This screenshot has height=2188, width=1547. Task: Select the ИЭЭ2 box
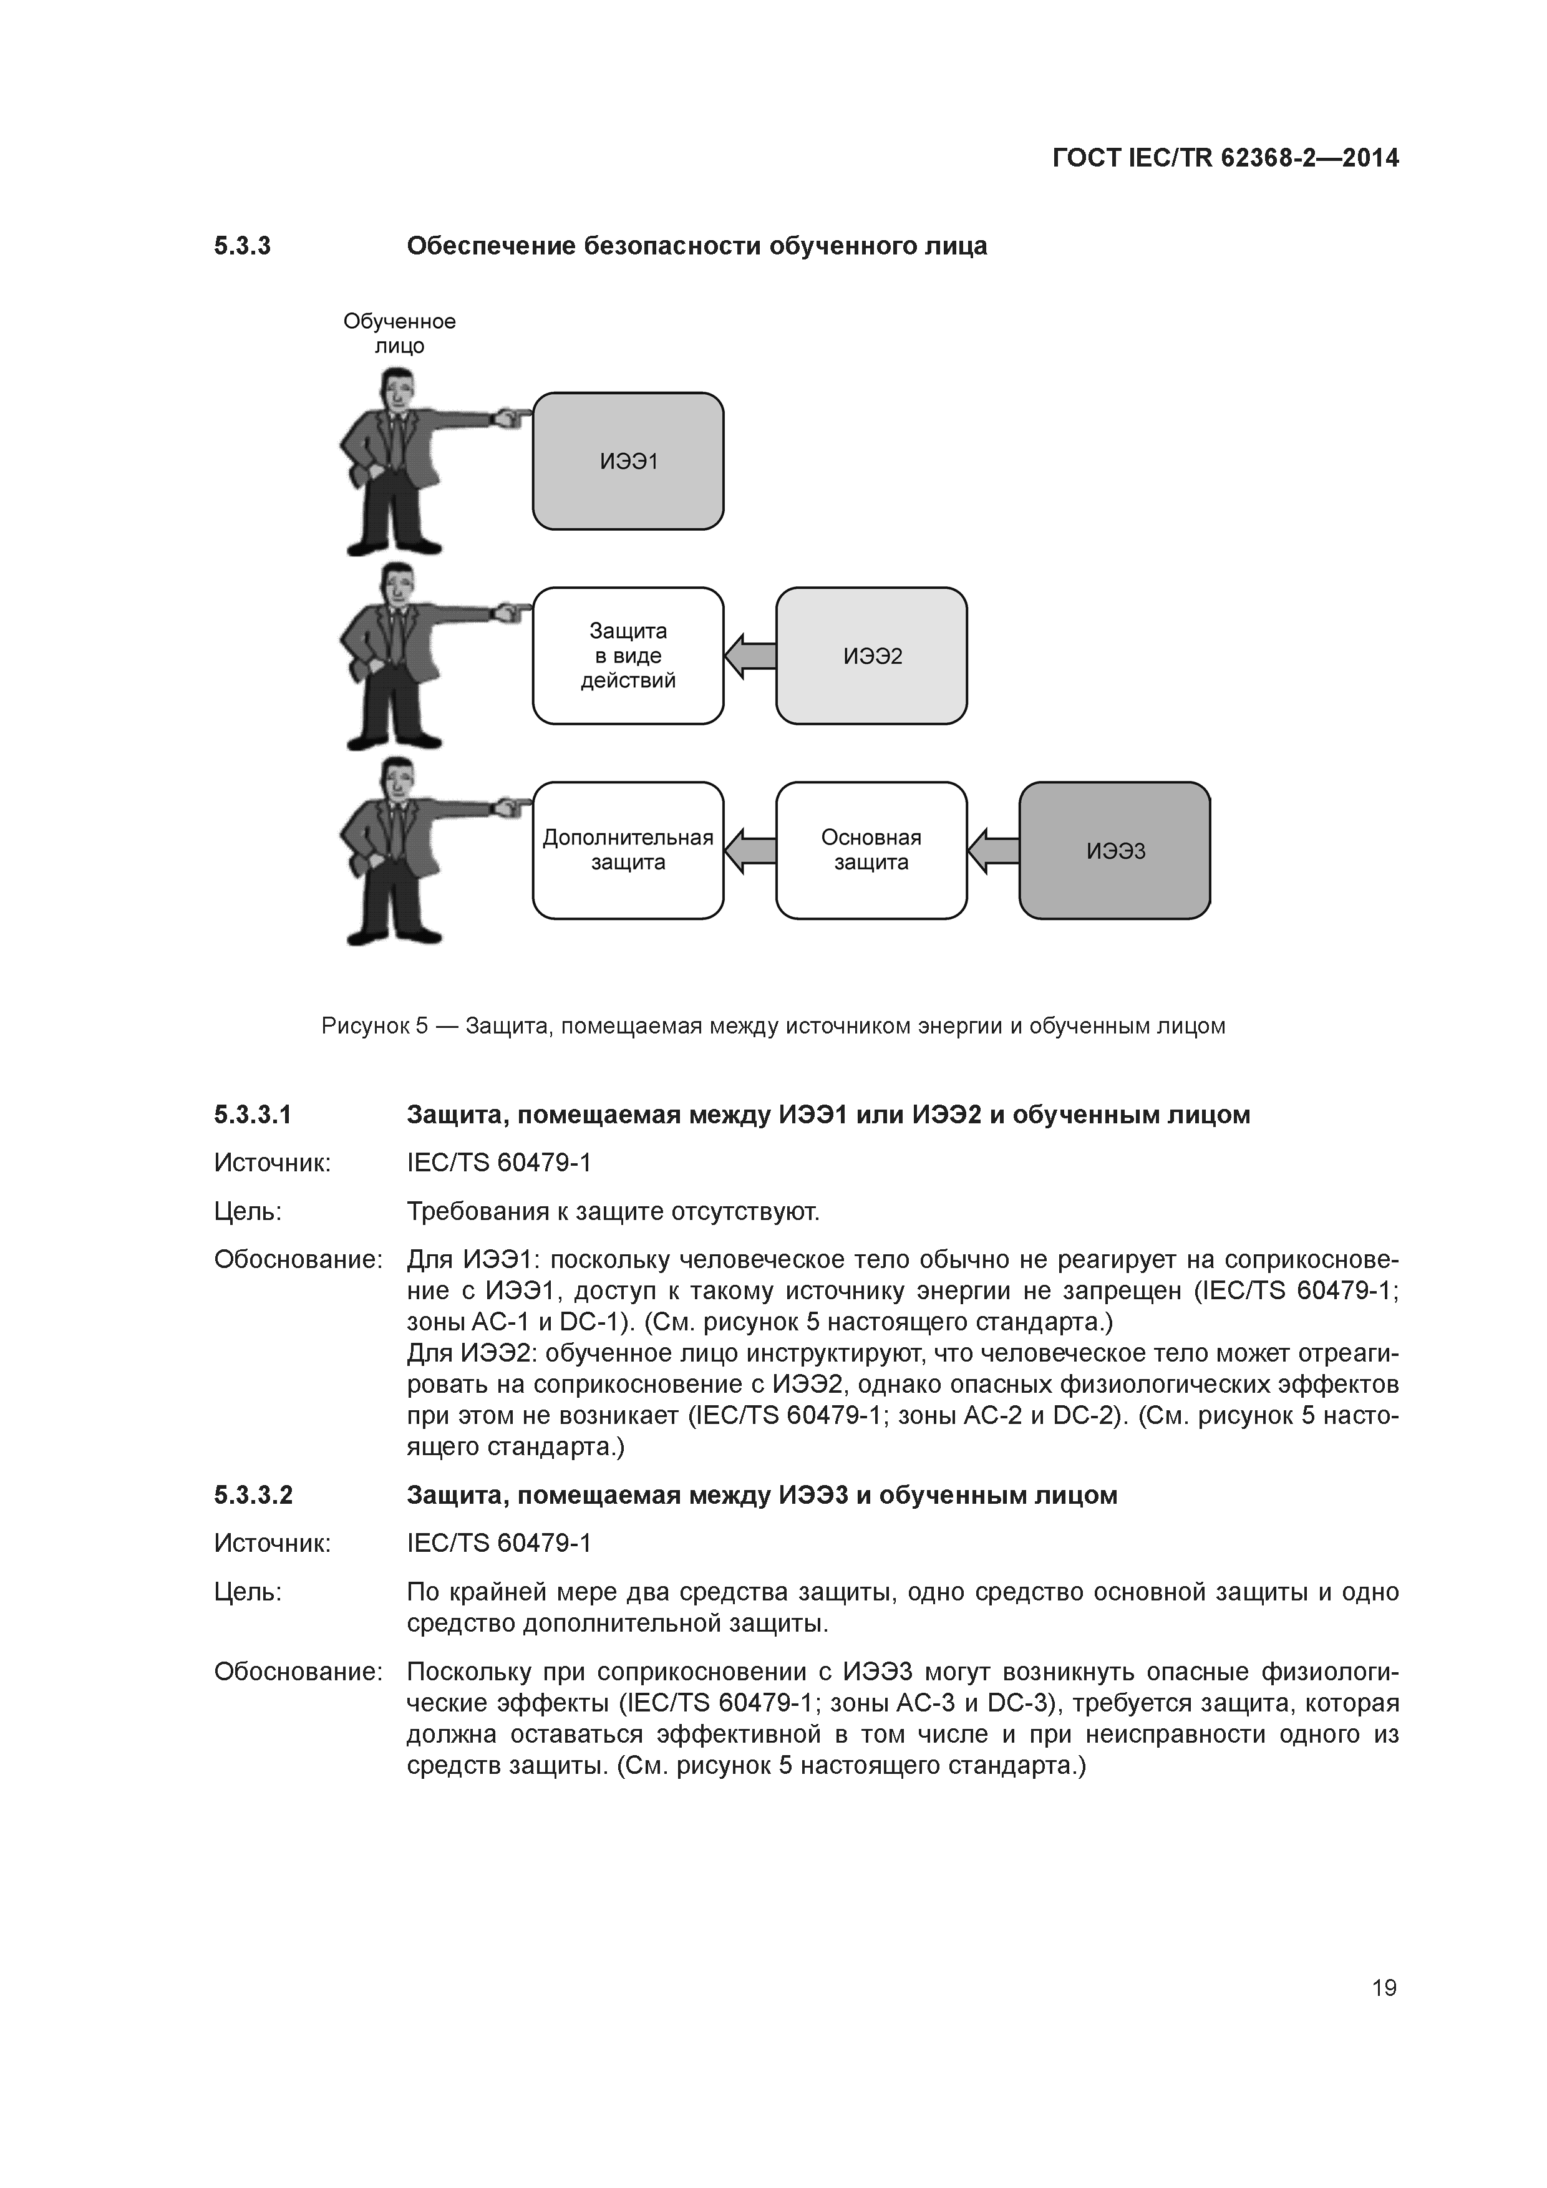point(871,656)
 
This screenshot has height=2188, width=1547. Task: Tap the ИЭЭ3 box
point(1114,850)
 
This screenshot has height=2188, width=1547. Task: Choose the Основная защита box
point(871,850)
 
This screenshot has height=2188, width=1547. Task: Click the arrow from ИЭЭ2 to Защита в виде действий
point(750,656)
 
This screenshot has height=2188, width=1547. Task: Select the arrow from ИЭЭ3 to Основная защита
point(993,850)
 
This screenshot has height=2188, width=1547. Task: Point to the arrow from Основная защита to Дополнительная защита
point(750,850)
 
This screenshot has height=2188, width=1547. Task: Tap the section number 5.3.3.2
point(253,1495)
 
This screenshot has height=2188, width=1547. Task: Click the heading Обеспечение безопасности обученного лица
point(697,246)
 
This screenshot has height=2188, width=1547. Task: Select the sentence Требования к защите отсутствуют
point(613,1211)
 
